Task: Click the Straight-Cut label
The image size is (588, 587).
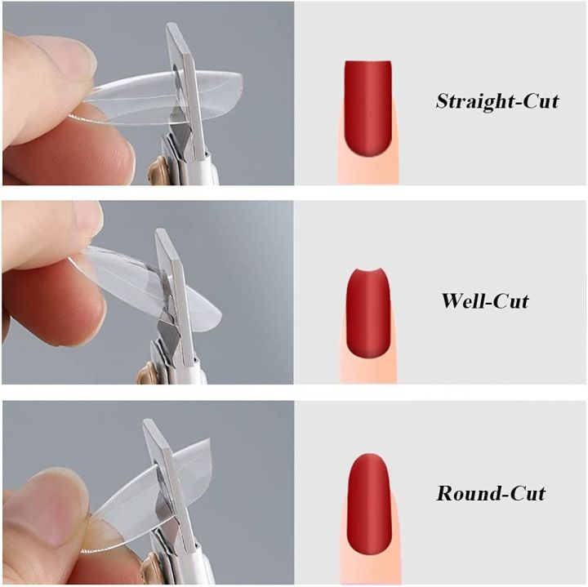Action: pos(497,102)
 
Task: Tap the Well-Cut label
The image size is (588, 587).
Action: pos(485,300)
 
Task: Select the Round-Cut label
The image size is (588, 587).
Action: pos(491,493)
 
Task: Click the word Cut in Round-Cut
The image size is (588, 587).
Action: pos(525,493)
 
